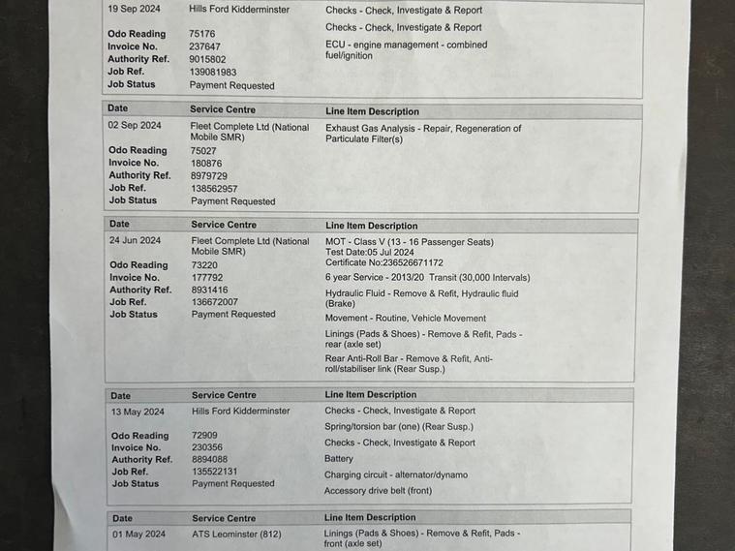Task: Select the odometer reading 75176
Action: (202, 34)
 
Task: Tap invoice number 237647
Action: (204, 46)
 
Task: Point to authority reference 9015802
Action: (207, 59)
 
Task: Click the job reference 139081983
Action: (213, 72)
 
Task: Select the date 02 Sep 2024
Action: (135, 126)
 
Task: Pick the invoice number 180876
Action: (206, 163)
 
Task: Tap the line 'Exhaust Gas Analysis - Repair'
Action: (423, 128)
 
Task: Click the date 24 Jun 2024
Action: (136, 240)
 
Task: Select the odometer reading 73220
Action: (205, 264)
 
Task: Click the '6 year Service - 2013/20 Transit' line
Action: (427, 278)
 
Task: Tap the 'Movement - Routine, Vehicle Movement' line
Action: (406, 318)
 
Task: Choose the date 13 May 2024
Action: (137, 411)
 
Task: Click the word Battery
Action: (339, 459)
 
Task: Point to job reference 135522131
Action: (214, 472)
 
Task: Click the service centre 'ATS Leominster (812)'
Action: (236, 534)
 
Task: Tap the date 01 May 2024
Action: (138, 534)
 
